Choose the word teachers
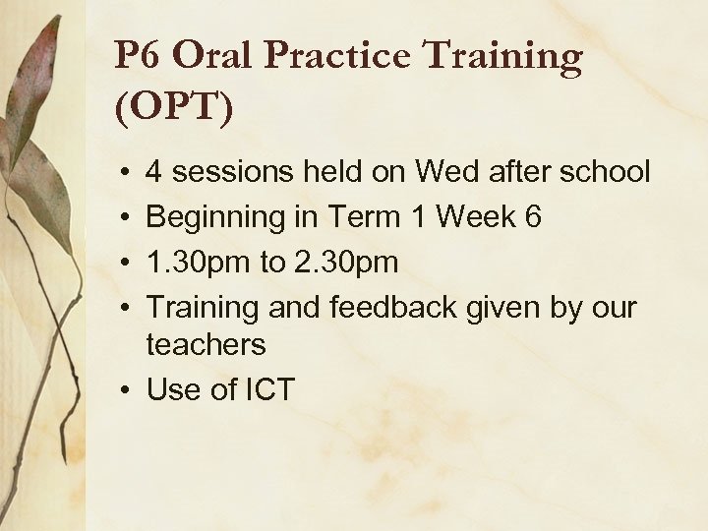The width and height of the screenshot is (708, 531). (206, 344)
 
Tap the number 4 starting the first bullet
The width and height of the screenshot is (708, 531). (155, 173)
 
